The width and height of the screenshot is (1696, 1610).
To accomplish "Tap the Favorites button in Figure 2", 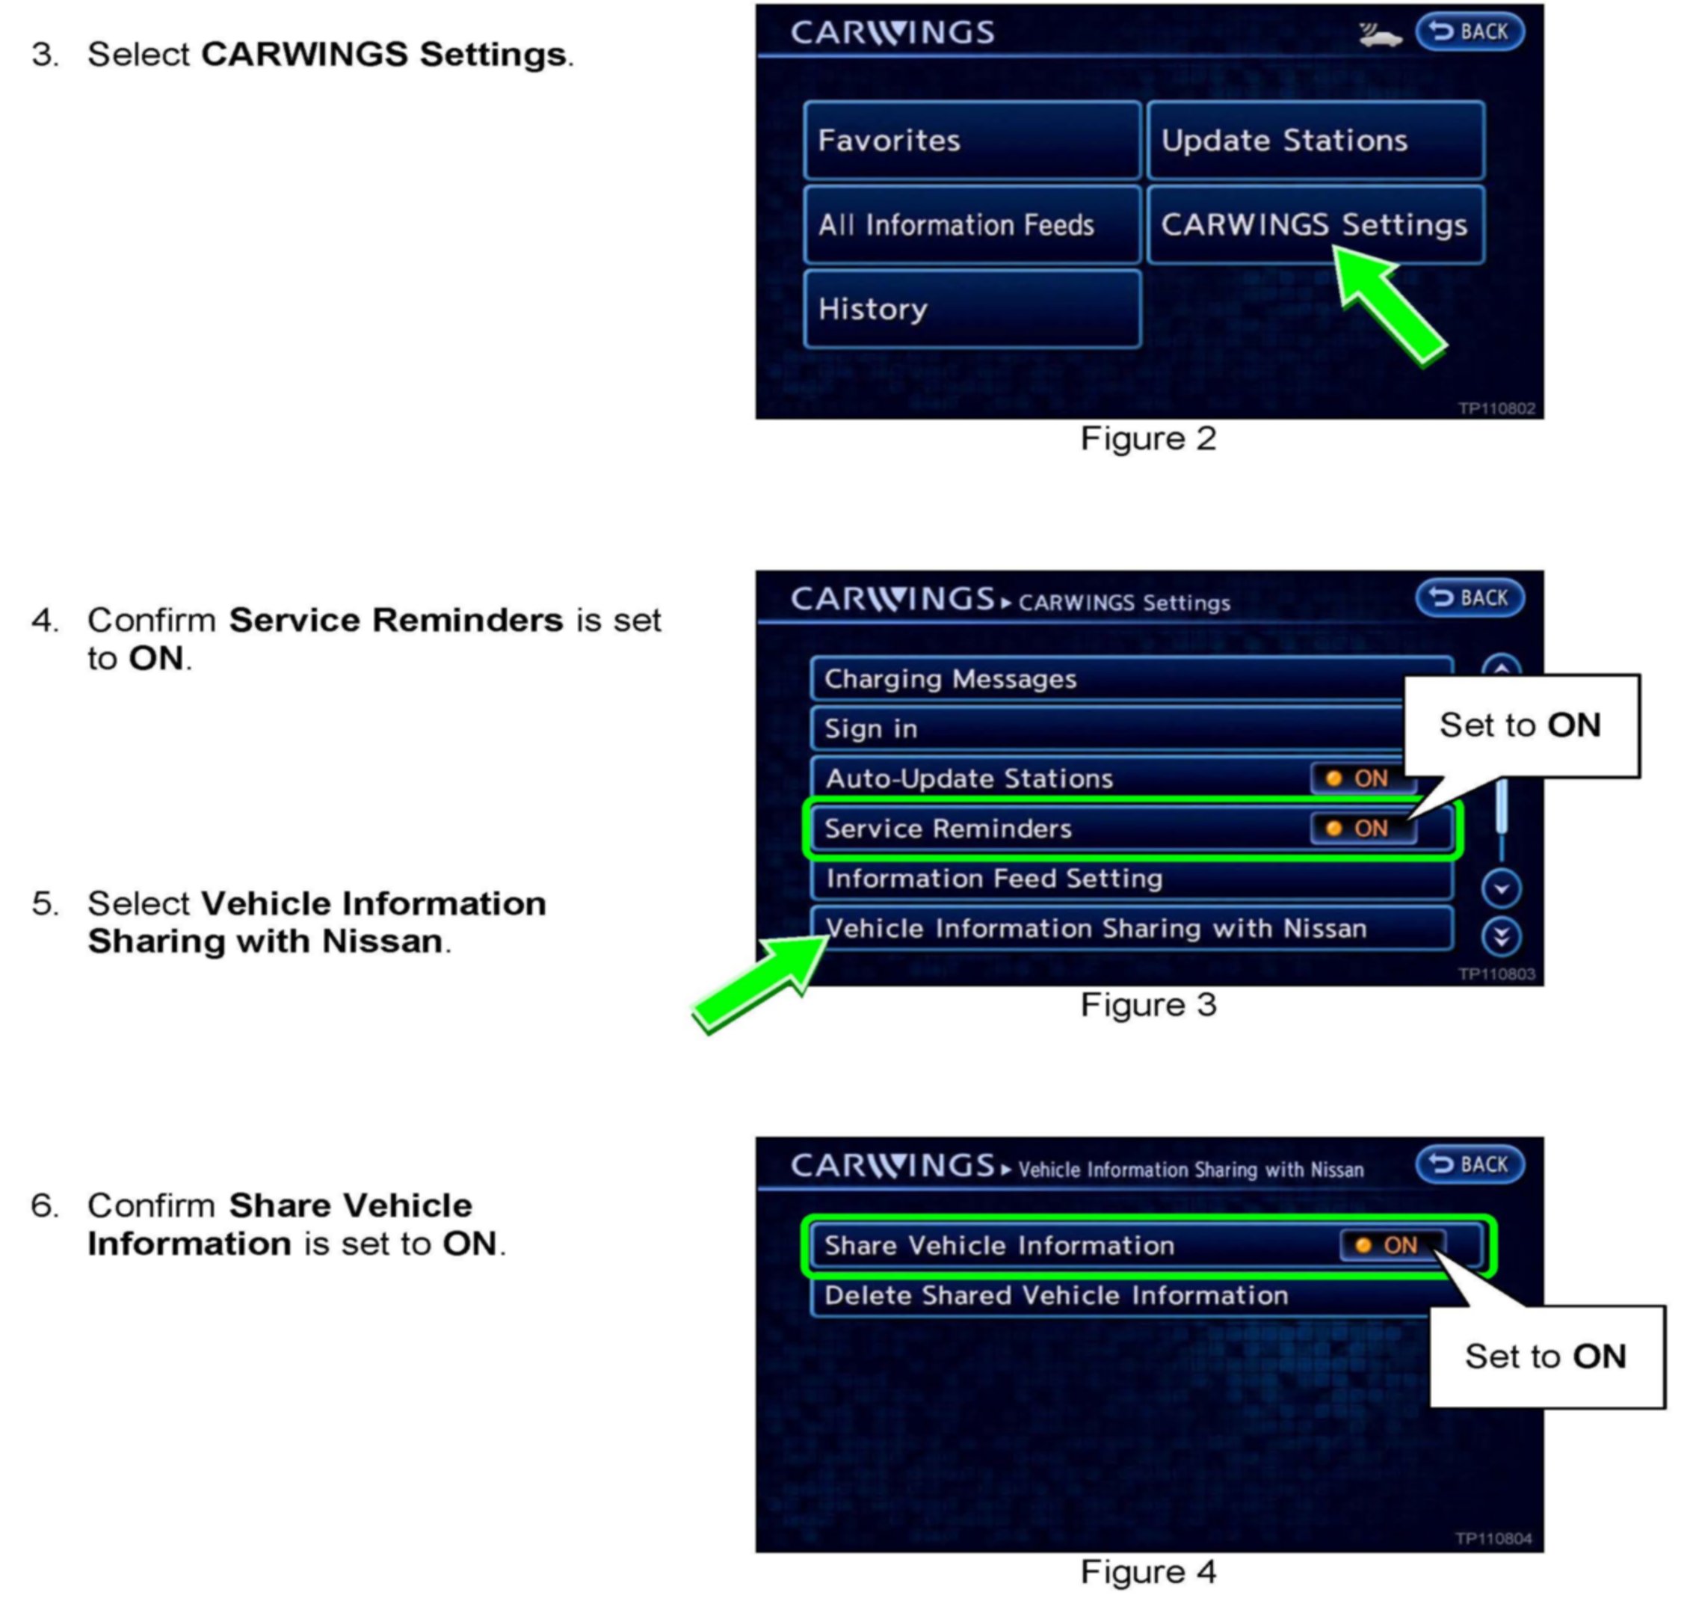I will tap(971, 140).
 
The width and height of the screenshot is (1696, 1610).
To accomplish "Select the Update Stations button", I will tap(1315, 140).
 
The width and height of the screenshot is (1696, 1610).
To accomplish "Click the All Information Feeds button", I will tap(971, 225).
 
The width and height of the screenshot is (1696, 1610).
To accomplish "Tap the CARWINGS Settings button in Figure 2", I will tap(1315, 225).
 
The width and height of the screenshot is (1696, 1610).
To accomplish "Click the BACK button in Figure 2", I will tap(1469, 31).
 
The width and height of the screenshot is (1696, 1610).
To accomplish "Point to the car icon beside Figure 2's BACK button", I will tap(1379, 35).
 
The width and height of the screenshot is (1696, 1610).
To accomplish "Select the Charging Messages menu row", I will tap(1107, 679).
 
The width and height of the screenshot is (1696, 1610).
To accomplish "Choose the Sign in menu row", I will tap(1107, 728).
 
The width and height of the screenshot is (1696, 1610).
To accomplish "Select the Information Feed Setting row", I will tap(1131, 878).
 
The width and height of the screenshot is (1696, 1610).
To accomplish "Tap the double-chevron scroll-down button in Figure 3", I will tap(1500, 936).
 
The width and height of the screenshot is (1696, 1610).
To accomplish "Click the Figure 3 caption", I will tap(1148, 1004).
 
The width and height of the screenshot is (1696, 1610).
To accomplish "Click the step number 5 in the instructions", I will tap(45, 903).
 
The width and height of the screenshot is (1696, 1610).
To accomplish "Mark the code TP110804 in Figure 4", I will tap(1493, 1539).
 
